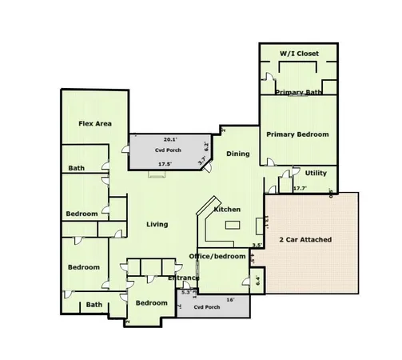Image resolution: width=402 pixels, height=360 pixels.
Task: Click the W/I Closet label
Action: pos(298,53)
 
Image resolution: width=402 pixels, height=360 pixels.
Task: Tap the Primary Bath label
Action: pos(298,93)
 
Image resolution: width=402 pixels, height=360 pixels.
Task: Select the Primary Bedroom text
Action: pos(298,134)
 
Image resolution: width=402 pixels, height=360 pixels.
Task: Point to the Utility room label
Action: pos(316,172)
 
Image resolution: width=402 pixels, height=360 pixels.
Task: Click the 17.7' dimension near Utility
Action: pos(301,189)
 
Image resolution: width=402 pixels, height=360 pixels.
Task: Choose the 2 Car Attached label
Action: pos(304,239)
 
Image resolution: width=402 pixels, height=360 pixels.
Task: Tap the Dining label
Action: pos(238,154)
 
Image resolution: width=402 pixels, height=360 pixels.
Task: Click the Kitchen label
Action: pos(227,209)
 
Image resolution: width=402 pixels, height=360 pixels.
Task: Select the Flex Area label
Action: pos(94,123)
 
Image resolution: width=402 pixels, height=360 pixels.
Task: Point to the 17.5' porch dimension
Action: pos(165,164)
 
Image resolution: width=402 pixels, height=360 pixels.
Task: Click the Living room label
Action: pos(157,224)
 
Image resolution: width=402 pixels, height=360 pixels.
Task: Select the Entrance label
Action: pos(183,278)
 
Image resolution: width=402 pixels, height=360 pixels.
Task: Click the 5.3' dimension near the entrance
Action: pos(186,293)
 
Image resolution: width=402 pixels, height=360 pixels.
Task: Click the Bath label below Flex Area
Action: pos(76,168)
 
